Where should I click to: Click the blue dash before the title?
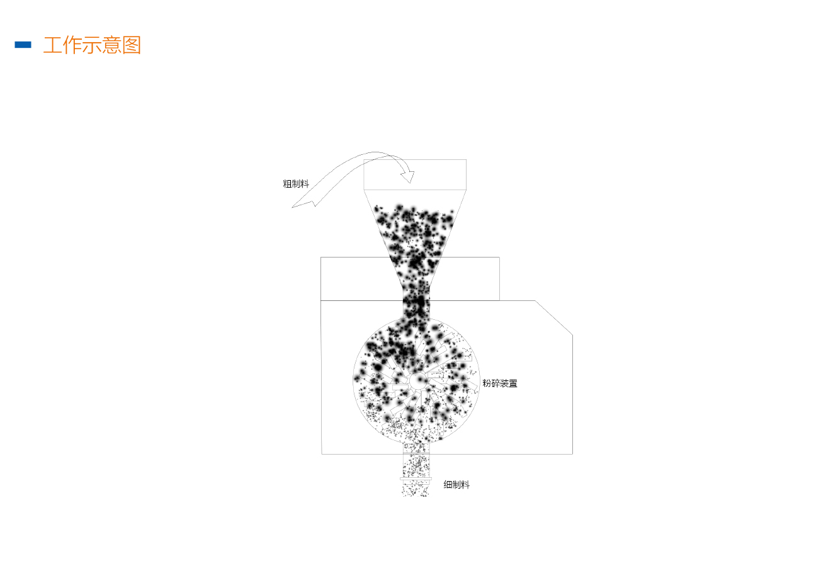click(23, 45)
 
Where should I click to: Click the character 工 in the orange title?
click(52, 45)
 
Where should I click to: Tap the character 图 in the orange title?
click(132, 45)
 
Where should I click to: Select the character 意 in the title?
click(111, 45)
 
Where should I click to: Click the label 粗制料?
click(296, 184)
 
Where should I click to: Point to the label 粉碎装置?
click(500, 383)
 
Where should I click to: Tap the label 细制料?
click(456, 485)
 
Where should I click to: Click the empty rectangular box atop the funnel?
click(415, 174)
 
